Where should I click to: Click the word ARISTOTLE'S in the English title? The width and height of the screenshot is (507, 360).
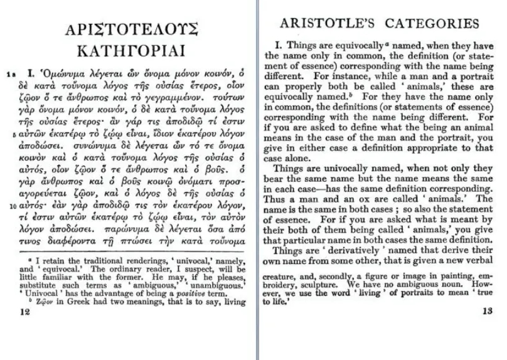(x=327, y=24)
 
